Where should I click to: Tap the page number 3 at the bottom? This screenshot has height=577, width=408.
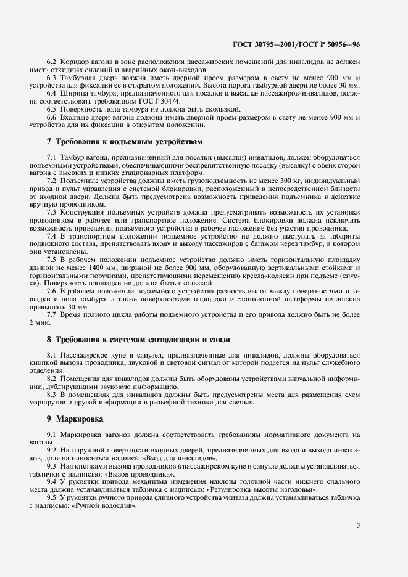(359, 525)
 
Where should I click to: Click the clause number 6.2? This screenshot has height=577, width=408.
(51, 62)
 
